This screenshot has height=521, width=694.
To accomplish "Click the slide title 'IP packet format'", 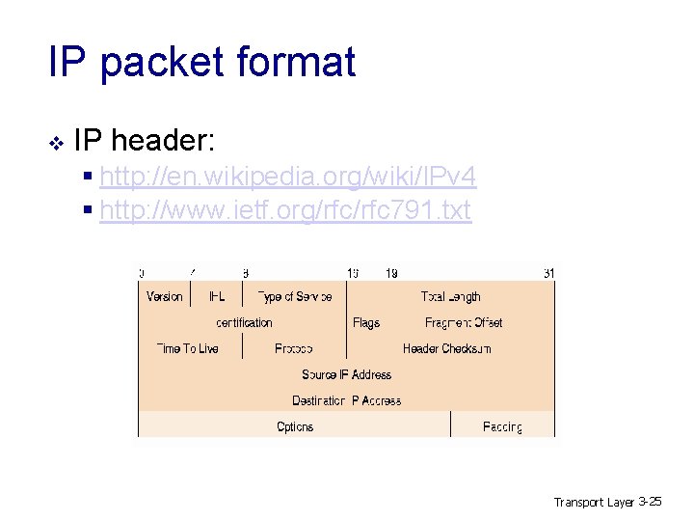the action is [x=202, y=63].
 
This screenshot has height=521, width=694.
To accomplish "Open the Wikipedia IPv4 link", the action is [x=287, y=178].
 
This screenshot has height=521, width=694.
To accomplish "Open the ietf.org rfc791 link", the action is [x=285, y=208].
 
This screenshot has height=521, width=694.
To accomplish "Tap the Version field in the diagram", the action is [x=164, y=296].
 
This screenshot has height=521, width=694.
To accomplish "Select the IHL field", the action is [x=217, y=296].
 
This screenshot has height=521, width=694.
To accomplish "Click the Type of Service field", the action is [x=294, y=296].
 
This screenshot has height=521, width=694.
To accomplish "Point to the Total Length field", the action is [x=450, y=296].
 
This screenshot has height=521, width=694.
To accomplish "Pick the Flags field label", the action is [x=366, y=322].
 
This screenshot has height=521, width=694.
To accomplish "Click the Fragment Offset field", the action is [x=464, y=322].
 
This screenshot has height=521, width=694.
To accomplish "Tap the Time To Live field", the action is [x=187, y=348].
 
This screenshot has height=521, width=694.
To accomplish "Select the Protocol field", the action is [x=294, y=348].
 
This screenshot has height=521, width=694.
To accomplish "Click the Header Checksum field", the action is [x=446, y=348].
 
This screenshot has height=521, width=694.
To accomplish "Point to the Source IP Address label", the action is [x=346, y=374].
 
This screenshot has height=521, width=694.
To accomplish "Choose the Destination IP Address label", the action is [x=346, y=400].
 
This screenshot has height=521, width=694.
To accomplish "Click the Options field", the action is [x=294, y=426].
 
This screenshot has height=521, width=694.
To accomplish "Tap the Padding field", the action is [x=502, y=426].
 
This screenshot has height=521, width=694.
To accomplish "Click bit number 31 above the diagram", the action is [x=548, y=273].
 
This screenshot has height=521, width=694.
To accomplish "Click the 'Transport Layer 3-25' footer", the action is [x=607, y=502].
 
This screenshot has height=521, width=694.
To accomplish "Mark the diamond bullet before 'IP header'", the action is [x=56, y=144].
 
